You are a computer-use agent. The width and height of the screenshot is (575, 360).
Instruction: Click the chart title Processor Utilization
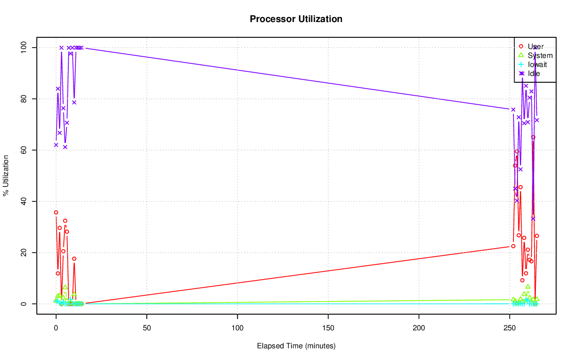pyautogui.click(x=296, y=19)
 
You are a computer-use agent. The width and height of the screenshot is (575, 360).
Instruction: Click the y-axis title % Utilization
pyautogui.click(x=6, y=175)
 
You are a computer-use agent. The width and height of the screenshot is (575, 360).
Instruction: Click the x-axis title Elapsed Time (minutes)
pyautogui.click(x=296, y=346)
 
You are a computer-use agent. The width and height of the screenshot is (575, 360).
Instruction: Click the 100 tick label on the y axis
pyautogui.click(x=26, y=47)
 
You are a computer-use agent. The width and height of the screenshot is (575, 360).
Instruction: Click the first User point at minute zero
pyautogui.click(x=56, y=212)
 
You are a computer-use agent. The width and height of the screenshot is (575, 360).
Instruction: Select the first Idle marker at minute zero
pyautogui.click(x=56, y=145)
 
